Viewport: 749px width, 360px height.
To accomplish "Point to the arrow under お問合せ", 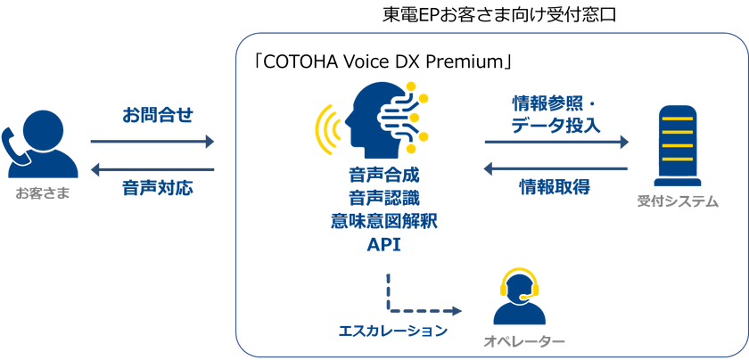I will [152, 142].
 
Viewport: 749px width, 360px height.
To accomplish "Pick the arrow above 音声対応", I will [152, 168].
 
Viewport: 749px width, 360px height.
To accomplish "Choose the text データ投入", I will [556, 127].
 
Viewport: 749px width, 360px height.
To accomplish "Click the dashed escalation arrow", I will [419, 311].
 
